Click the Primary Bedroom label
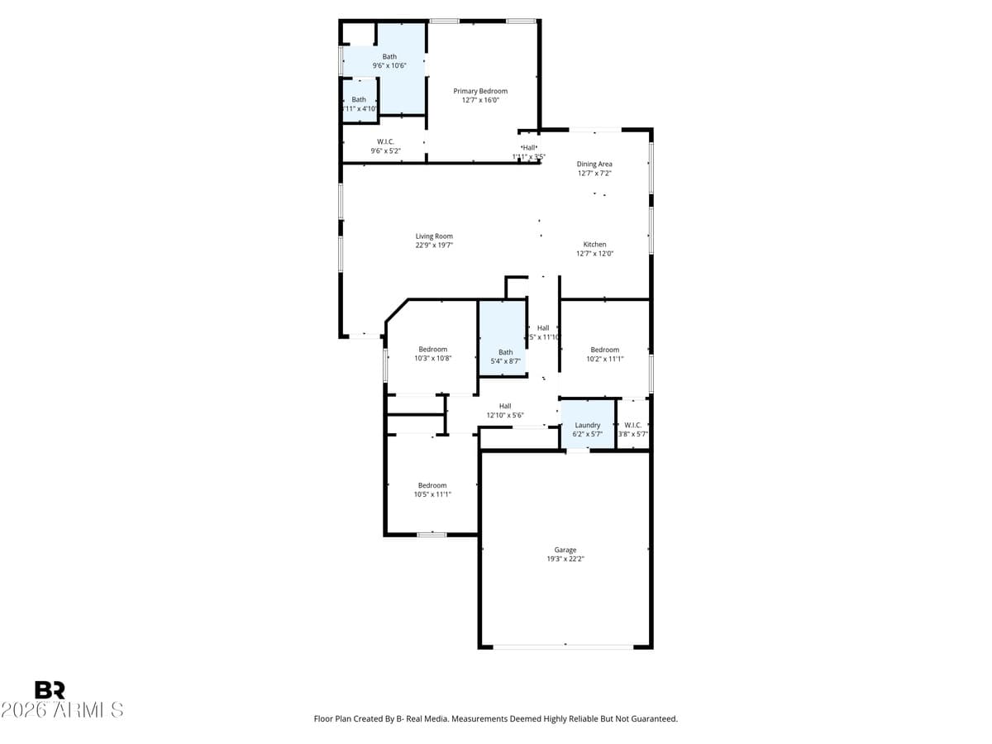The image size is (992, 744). pos(480,91)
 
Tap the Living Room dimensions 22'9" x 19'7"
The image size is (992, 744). pos(434,246)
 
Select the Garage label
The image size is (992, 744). pos(565,550)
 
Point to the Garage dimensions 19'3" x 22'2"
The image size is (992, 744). pos(565,559)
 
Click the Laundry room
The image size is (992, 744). pos(587,426)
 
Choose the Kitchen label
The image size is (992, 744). pos(594,245)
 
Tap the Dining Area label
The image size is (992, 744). pos(594,165)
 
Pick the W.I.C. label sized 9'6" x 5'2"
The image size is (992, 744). pos(384,142)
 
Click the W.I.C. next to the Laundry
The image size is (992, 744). pos(633,426)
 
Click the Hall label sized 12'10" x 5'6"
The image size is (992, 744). pos(504,406)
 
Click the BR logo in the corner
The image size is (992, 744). pos(50,690)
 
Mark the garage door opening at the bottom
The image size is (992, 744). pos(565,646)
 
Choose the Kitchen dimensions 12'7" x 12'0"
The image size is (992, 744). pos(594,254)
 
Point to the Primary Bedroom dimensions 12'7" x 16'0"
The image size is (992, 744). pos(480,100)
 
